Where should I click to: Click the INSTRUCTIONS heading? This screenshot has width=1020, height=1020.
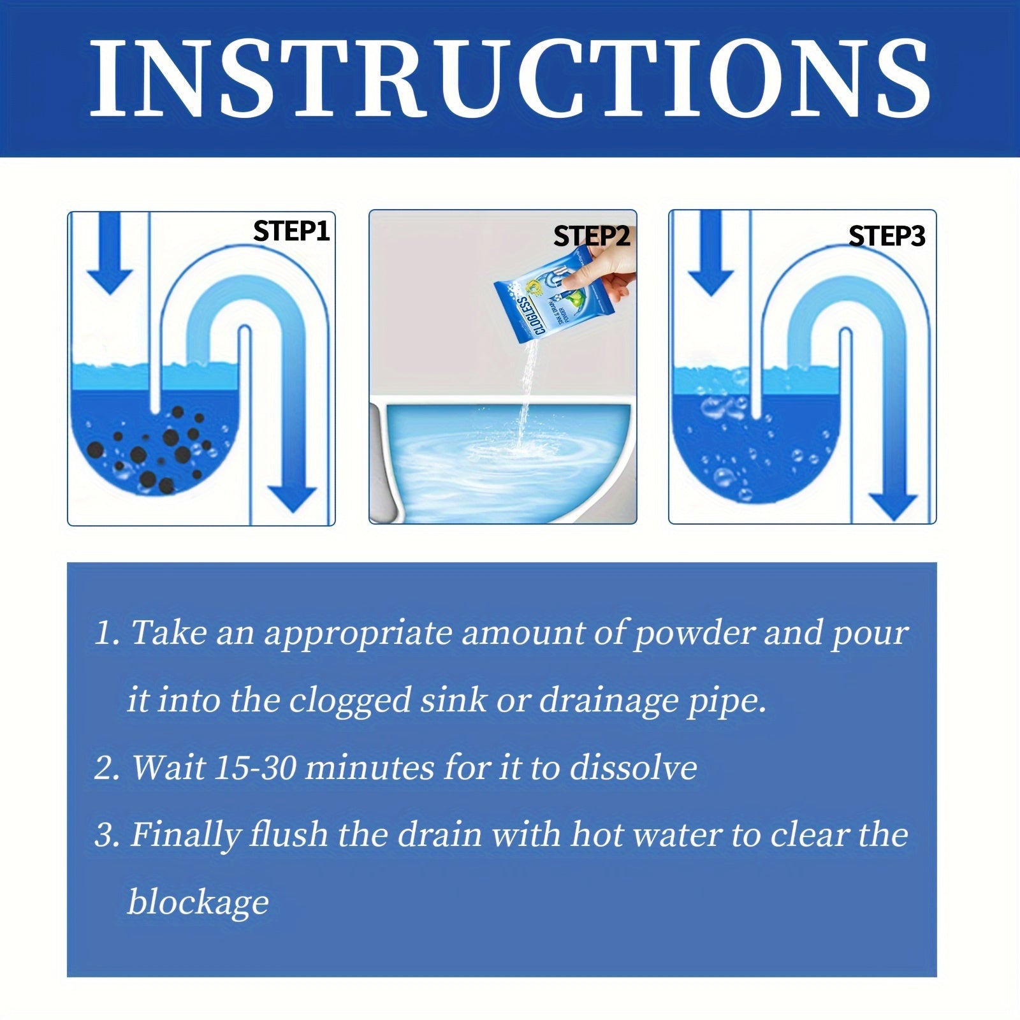coord(510,78)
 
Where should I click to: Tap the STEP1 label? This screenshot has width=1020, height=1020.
coord(291,231)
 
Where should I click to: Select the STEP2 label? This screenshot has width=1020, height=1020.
coord(592,237)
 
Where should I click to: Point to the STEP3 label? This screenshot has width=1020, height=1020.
coord(886,237)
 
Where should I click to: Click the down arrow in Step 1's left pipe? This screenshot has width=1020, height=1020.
coord(110,255)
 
